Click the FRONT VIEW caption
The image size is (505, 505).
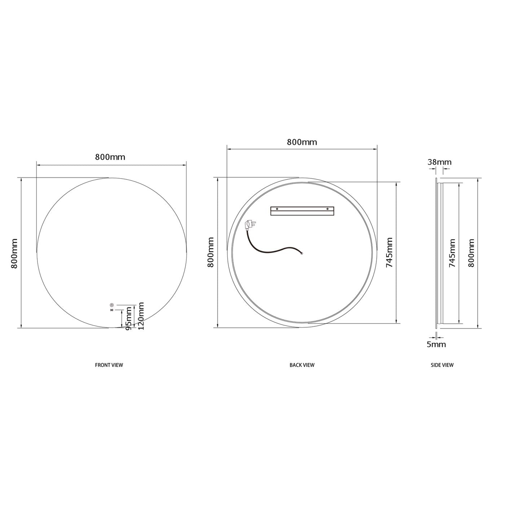(109, 365)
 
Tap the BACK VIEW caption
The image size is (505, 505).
(302, 365)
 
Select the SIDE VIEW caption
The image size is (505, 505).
(442, 365)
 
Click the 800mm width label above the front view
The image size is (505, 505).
(110, 157)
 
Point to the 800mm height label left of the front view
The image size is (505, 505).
(14, 253)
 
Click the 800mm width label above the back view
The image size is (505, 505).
(302, 142)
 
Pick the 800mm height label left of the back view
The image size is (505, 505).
(211, 252)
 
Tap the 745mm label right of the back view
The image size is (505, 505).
(390, 252)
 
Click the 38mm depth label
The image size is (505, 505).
(439, 162)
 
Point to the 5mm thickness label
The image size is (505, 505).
(436, 344)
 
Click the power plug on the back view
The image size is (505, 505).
(249, 225)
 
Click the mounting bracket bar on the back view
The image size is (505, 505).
(302, 211)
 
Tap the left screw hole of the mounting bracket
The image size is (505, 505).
(277, 208)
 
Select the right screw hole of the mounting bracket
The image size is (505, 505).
(328, 208)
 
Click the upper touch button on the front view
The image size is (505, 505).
(112, 305)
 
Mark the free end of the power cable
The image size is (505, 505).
(302, 253)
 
